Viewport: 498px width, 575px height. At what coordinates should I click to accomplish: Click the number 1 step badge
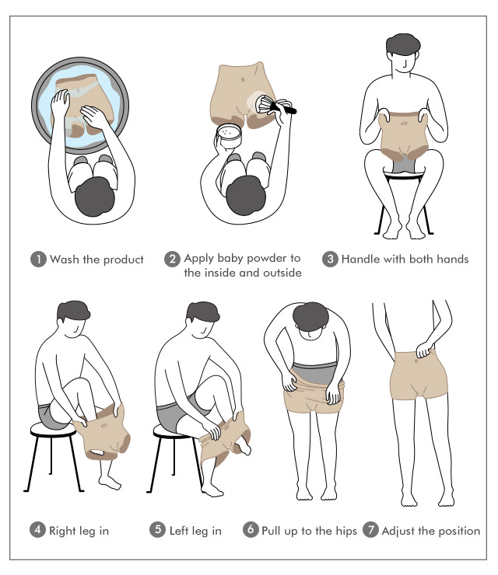click(38, 260)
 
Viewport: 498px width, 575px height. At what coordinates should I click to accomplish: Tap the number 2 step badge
click(172, 260)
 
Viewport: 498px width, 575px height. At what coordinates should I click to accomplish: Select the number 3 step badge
click(330, 260)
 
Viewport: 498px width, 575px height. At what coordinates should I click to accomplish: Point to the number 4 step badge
click(37, 530)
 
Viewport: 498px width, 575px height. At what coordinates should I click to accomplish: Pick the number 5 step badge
click(157, 530)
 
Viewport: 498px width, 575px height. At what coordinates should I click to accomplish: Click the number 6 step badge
click(251, 530)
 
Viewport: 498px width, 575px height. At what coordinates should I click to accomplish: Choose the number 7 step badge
click(370, 530)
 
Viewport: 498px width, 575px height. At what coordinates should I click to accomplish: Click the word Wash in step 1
click(65, 260)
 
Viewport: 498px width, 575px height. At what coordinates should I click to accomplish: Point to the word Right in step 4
click(62, 531)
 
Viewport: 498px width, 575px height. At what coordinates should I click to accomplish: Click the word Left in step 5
click(178, 530)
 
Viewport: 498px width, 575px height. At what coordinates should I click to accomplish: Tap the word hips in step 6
click(345, 531)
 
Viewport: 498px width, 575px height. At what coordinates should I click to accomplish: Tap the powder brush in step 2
click(275, 105)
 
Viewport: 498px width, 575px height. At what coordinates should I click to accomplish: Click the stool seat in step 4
click(53, 429)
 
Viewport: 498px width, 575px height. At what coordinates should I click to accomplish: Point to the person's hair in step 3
click(403, 45)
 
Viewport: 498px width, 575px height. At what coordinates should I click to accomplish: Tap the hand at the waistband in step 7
click(424, 350)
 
